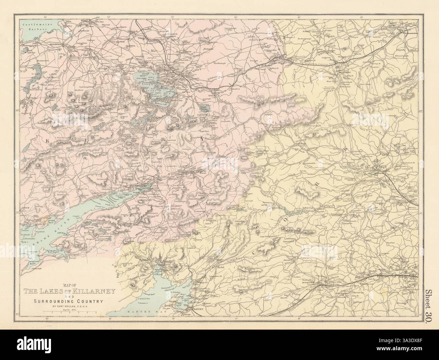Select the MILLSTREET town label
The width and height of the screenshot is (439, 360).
(x=342, y=72)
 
